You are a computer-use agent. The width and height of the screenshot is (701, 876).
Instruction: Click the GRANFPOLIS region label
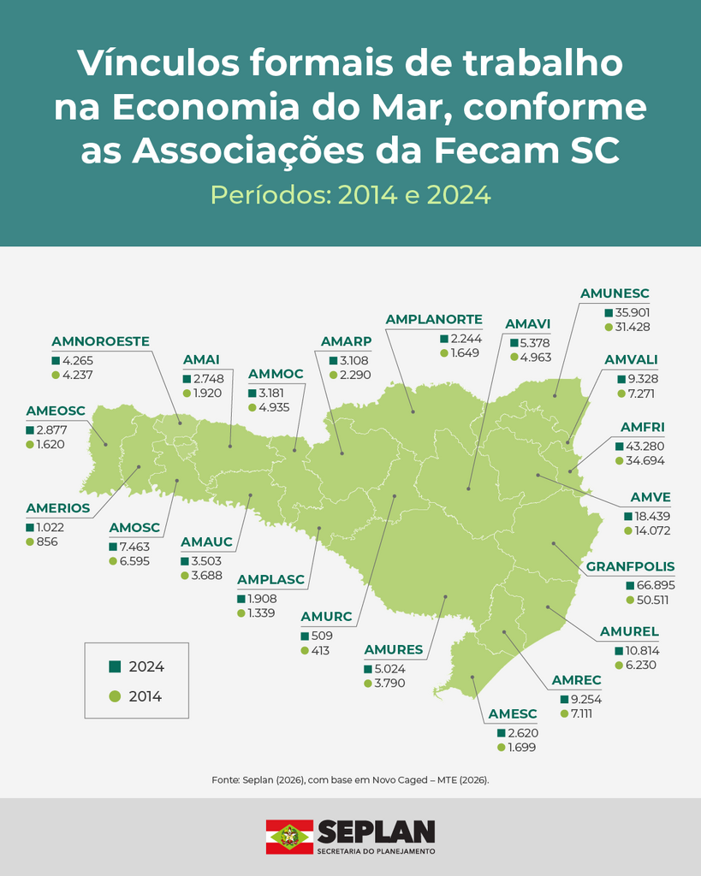point(630,566)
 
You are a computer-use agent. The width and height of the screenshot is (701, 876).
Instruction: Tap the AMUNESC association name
point(615,293)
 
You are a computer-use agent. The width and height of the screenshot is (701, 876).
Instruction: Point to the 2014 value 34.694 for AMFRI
point(645,460)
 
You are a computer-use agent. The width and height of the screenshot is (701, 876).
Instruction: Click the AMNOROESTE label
point(100,341)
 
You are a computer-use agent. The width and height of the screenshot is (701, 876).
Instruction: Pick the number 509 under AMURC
point(323,636)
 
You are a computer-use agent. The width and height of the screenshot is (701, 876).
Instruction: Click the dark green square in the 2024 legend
point(115,666)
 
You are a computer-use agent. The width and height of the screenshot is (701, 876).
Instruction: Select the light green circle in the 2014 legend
point(115,696)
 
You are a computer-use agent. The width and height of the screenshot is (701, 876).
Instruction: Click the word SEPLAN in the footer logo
point(376,832)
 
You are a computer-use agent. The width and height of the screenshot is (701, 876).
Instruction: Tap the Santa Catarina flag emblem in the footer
point(289,837)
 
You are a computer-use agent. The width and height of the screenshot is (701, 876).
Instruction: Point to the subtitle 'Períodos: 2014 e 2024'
point(350,195)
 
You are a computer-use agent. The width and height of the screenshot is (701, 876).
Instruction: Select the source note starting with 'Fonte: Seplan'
point(350,780)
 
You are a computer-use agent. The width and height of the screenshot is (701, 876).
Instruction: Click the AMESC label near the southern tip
point(512,714)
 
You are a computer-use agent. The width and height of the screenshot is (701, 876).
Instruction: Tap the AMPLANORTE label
point(434,319)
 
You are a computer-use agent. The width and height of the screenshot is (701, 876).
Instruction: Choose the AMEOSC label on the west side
point(56,411)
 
